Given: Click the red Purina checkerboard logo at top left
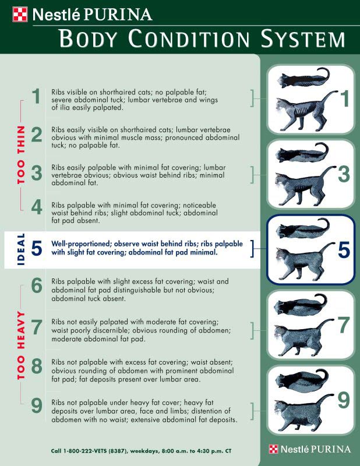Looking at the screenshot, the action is [x=20, y=15].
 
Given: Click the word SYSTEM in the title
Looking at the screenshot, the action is [x=303, y=38].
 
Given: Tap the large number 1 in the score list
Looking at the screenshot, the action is [x=37, y=96].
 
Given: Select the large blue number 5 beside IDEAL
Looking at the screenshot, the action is [x=37, y=248].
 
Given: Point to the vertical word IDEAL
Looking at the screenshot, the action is [x=21, y=249].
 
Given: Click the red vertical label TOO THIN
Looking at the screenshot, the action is [x=21, y=155].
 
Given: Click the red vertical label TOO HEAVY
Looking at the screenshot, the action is [x=21, y=345].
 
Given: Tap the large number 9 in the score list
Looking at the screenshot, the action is [x=37, y=406].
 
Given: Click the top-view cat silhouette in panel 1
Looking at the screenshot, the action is [x=304, y=78].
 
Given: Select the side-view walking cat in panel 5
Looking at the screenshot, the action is [x=306, y=262].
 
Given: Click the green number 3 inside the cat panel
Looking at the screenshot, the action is [x=344, y=174].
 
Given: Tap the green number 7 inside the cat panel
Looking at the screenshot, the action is [x=343, y=326].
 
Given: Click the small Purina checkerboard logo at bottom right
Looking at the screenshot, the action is [x=273, y=449].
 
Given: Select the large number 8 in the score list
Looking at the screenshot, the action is [x=37, y=366].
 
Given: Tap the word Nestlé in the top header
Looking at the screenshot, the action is [x=56, y=15].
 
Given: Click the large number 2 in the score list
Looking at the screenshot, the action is [x=37, y=135].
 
